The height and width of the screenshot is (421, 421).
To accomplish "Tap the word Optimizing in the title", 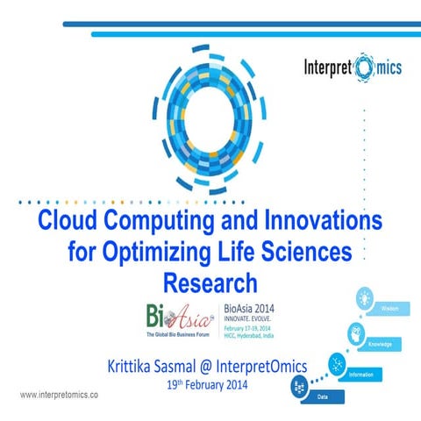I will click(x=159, y=253).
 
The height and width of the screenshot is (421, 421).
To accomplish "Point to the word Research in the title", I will click(x=210, y=283).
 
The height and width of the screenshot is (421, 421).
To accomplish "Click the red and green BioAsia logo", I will click(x=173, y=318).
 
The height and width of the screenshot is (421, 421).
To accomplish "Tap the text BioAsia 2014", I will click(x=248, y=308).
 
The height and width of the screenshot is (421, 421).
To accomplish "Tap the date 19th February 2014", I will click(x=207, y=384).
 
